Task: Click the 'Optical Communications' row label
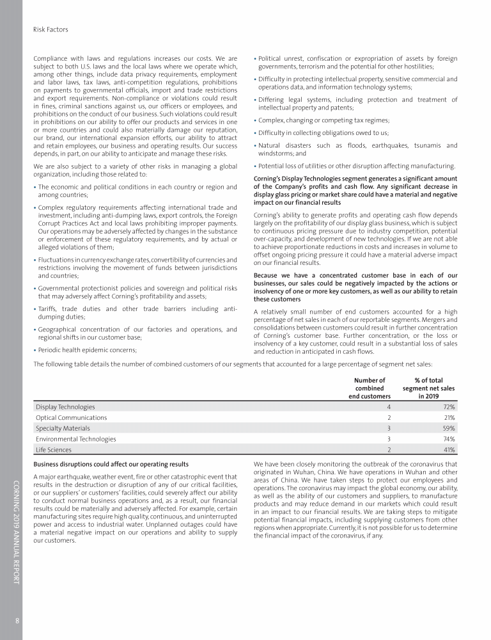(71, 417)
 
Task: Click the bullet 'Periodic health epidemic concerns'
(86, 349)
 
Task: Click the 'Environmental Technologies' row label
(76, 439)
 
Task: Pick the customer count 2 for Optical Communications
(388, 417)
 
